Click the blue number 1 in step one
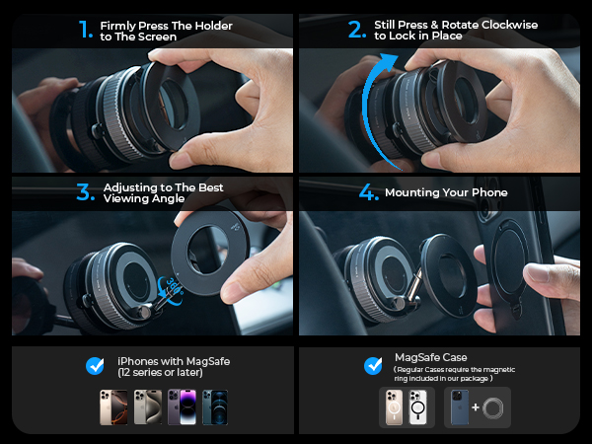(86, 31)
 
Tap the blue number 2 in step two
(356, 30)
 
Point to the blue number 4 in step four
(368, 192)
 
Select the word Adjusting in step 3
(131, 186)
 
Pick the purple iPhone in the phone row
(186, 407)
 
